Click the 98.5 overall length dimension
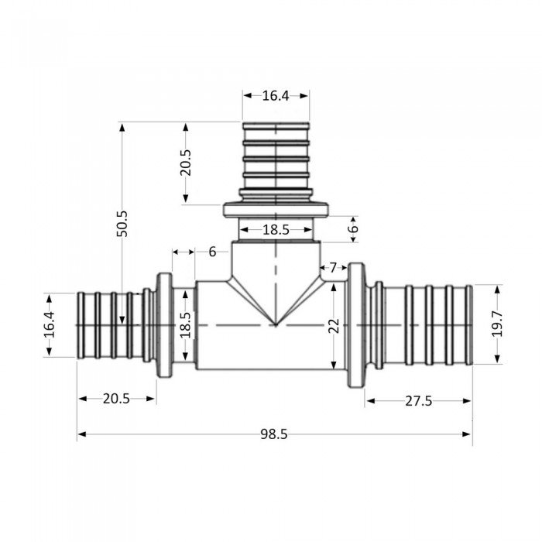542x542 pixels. [273, 434]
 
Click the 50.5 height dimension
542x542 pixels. [122, 224]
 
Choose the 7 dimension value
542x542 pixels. [333, 267]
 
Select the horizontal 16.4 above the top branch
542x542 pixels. [276, 96]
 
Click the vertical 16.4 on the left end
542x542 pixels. [50, 324]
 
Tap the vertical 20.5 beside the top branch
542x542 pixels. [185, 163]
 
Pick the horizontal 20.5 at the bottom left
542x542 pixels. [116, 399]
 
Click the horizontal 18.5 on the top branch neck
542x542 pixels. [276, 230]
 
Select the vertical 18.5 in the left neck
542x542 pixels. [184, 324]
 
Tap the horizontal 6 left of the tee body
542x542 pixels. [212, 252]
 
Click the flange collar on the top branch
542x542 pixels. [276, 210]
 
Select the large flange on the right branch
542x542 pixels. [355, 324]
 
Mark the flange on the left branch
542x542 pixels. [164, 324]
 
